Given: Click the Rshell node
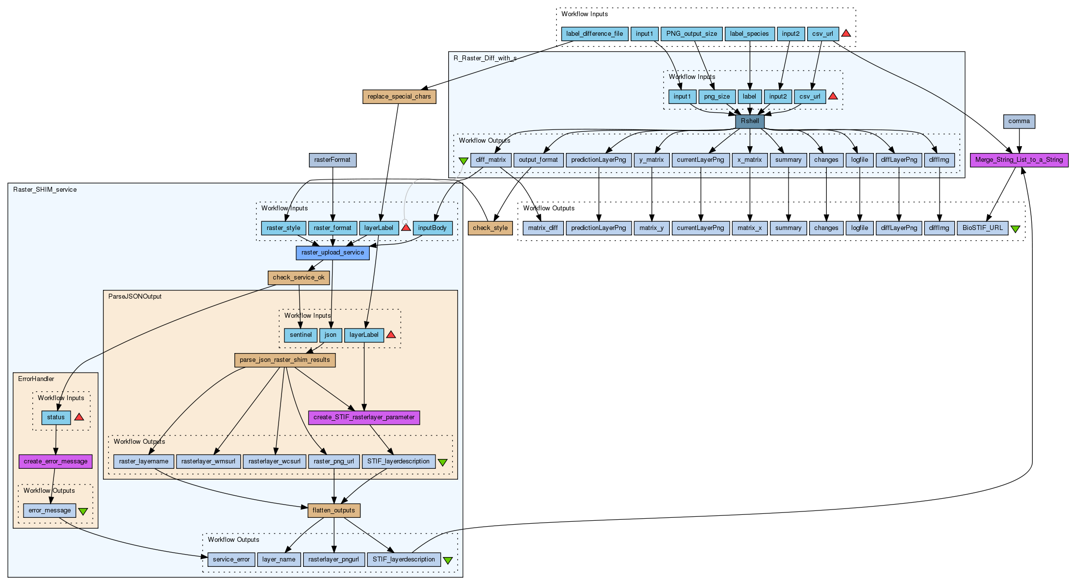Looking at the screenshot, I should click(750, 121).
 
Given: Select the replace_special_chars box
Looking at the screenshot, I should click(399, 97).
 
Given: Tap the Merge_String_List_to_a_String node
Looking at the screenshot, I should click(1019, 160).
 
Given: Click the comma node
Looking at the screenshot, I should click(1019, 122).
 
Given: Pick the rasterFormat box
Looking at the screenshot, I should click(332, 160).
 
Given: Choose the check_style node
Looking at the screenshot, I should click(490, 228).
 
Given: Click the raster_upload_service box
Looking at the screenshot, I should click(332, 253).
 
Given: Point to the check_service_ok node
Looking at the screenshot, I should click(299, 278).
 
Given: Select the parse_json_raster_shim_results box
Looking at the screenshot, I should click(285, 360).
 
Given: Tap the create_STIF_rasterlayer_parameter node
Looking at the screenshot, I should click(364, 417).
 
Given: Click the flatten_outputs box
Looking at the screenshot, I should click(334, 510).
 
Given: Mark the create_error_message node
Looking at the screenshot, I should click(55, 461).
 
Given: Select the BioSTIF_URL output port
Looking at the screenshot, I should click(982, 228).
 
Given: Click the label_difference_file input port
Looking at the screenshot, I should click(594, 34).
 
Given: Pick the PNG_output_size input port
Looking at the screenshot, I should click(691, 34).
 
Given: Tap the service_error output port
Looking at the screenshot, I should click(231, 560).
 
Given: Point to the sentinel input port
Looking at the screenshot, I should click(301, 335).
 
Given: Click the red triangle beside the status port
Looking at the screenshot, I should click(79, 417).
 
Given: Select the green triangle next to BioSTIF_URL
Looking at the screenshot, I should click(1015, 229).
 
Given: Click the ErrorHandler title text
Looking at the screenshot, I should click(36, 379).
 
